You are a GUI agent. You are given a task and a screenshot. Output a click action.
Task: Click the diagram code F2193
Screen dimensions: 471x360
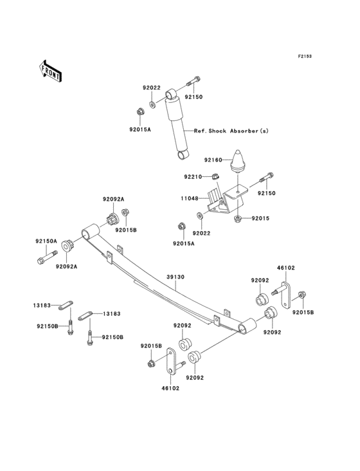point(304,57)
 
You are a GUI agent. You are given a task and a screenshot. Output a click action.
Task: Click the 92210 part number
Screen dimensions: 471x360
point(193,176)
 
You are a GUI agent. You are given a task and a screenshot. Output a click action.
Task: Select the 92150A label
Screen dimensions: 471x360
point(46,241)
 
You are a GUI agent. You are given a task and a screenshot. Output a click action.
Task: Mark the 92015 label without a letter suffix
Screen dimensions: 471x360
point(261,218)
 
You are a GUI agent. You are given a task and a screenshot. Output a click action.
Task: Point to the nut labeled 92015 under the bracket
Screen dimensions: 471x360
point(239,219)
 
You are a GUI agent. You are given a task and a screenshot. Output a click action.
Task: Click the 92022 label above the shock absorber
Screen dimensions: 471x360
point(152,88)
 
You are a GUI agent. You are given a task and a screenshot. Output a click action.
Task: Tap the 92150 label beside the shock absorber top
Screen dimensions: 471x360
point(194,97)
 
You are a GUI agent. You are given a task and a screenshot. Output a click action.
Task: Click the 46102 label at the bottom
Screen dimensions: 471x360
point(170,389)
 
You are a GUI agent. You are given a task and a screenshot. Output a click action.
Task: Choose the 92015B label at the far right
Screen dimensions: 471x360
point(303,312)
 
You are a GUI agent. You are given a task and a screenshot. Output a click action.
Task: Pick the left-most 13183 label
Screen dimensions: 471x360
point(43,306)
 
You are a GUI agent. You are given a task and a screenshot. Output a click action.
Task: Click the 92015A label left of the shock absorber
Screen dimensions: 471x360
point(139,129)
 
